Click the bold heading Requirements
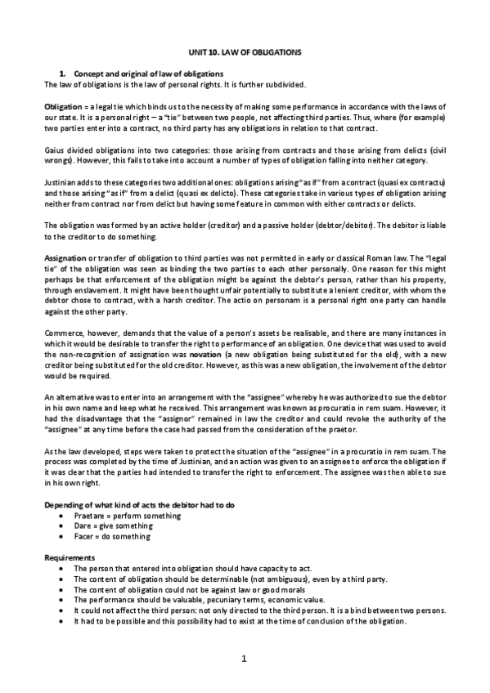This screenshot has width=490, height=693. [x=70, y=557]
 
